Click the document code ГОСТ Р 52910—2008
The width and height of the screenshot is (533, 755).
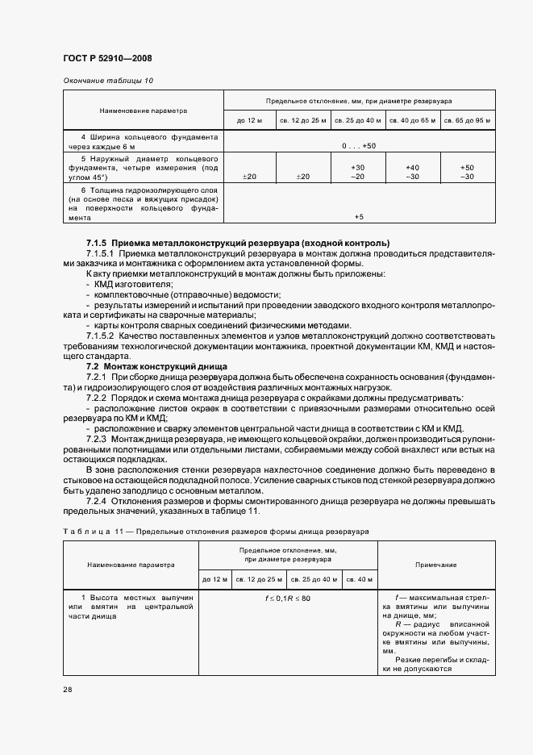[x=106, y=58]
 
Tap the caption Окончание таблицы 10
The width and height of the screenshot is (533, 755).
[x=107, y=81]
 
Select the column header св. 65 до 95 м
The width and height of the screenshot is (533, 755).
[x=466, y=120]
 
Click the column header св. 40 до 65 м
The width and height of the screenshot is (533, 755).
[x=412, y=120]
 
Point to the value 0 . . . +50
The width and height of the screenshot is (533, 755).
[x=359, y=145]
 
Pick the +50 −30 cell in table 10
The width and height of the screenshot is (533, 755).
[x=467, y=172]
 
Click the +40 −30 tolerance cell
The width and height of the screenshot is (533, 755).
[x=412, y=172]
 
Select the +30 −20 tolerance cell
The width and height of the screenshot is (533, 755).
[x=359, y=172]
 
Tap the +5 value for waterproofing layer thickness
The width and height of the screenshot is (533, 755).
[x=359, y=217]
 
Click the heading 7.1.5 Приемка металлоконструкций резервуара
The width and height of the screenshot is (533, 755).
[x=238, y=243]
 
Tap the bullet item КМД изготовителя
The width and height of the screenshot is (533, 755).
[x=133, y=285]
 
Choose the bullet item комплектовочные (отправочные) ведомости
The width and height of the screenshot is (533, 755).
[x=185, y=295]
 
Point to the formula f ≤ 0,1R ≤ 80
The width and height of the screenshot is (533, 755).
[x=288, y=599]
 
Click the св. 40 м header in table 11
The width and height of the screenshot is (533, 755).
[x=359, y=579]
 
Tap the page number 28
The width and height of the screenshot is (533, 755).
[x=67, y=690]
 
